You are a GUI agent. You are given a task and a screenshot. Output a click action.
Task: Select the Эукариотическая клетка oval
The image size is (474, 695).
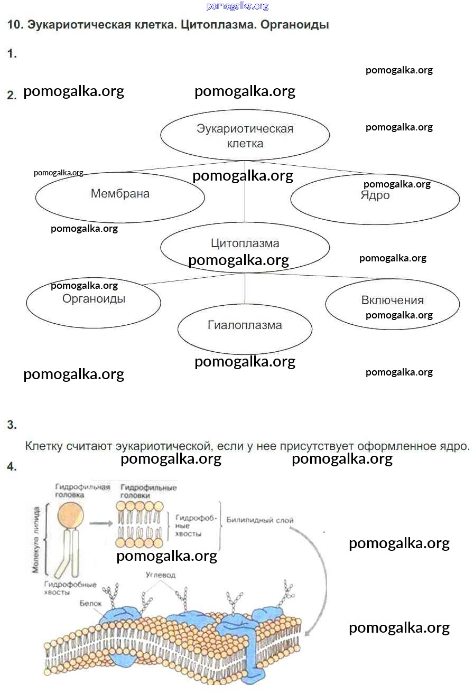tap(245, 136)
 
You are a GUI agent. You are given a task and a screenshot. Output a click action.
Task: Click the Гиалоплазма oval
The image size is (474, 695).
tap(245, 328)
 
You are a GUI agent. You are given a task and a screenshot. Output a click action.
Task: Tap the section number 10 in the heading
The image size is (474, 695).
tap(14, 25)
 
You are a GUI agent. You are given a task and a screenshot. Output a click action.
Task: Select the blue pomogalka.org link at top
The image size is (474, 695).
tap(237, 6)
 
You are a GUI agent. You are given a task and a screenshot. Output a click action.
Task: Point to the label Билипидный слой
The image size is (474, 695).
tap(260, 520)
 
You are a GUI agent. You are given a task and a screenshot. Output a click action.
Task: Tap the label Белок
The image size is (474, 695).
tap(89, 603)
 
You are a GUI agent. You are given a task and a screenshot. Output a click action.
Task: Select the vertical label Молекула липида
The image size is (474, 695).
tap(36, 540)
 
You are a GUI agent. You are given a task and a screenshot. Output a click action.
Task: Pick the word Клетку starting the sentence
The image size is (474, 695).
tap(44, 446)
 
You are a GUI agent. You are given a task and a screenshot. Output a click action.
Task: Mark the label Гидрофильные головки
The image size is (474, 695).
tap(148, 492)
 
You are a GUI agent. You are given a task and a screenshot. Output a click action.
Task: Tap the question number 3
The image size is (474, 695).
tap(12, 425)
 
